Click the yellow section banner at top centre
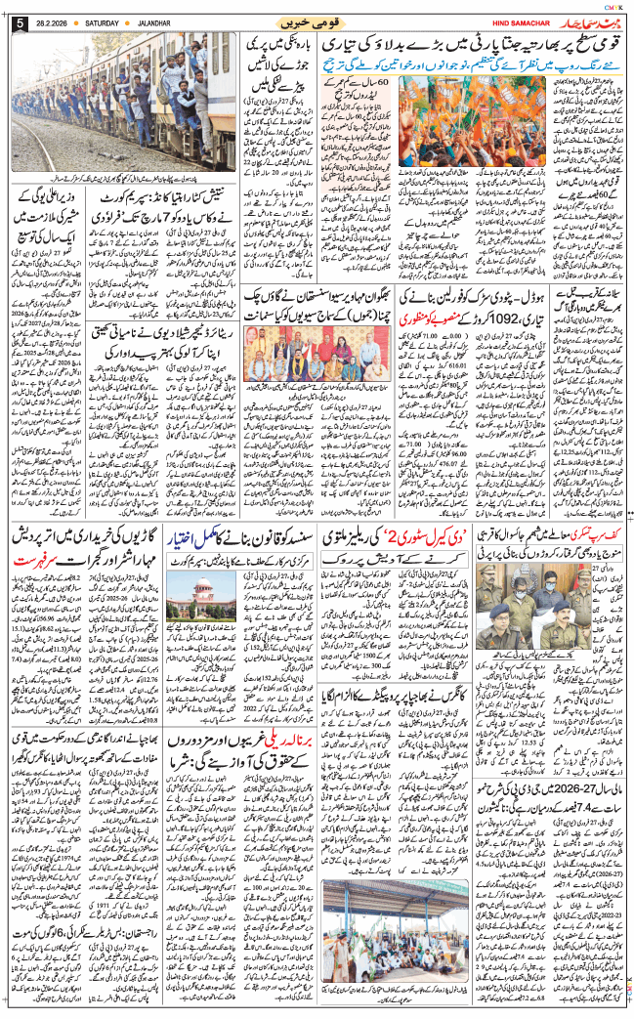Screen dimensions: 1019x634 point(317,21)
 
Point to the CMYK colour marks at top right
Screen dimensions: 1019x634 point(614,7)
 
